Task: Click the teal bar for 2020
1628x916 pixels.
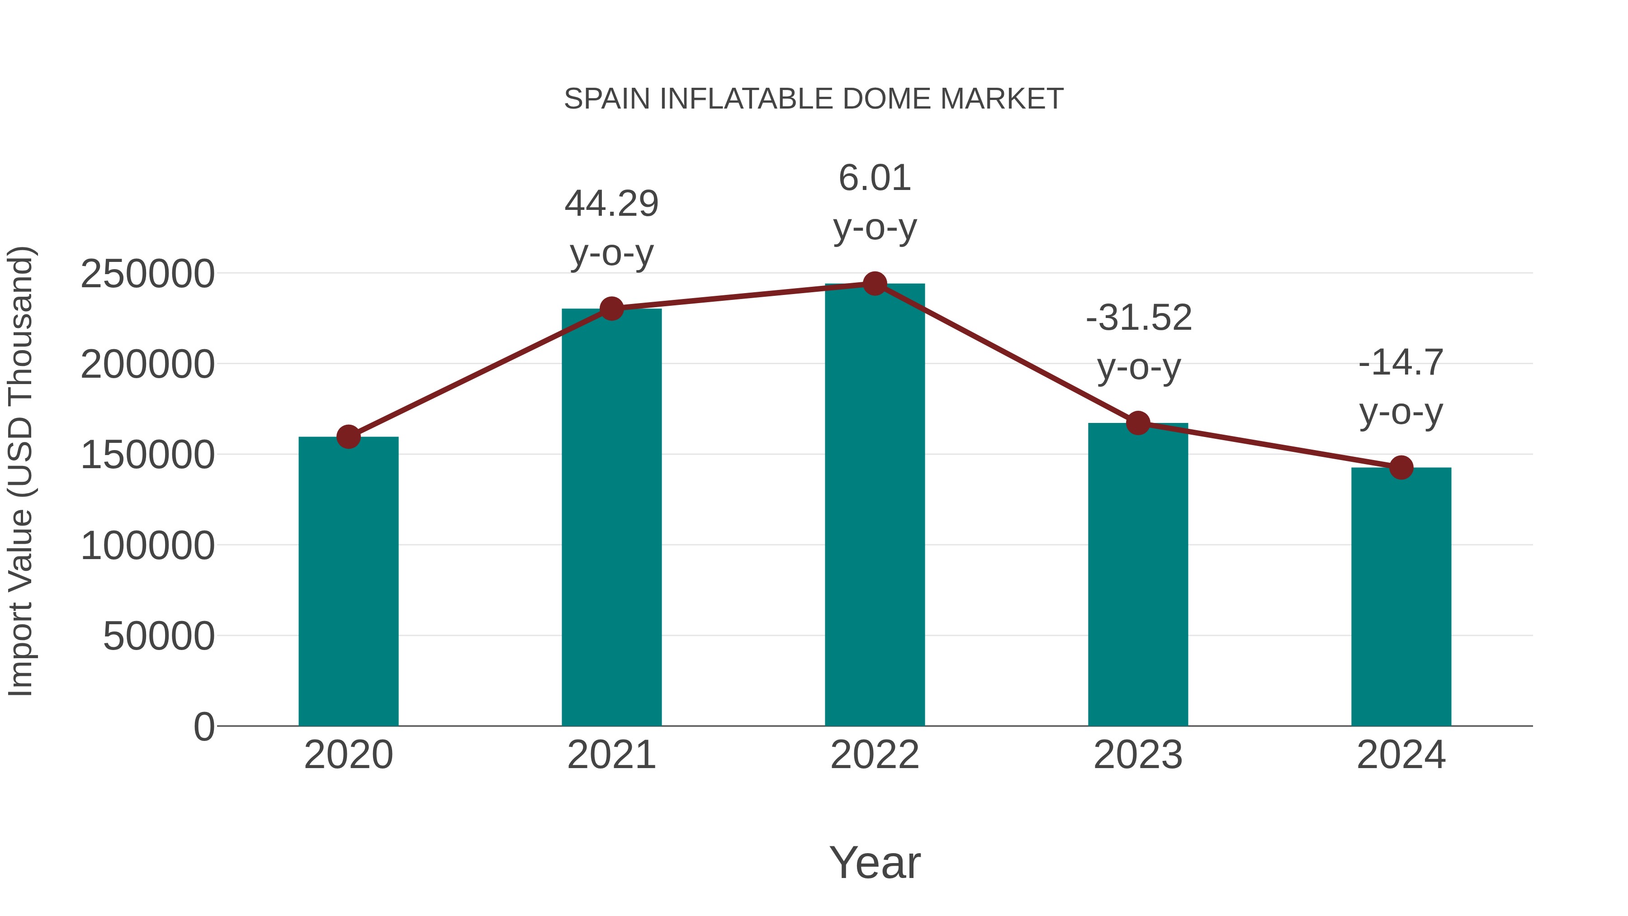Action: [348, 582]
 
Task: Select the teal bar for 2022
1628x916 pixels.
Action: [875, 506]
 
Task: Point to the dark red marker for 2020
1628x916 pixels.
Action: [348, 436]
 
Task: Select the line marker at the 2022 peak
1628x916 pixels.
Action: [875, 284]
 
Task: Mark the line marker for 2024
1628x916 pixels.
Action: [1401, 468]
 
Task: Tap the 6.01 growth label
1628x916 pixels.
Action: [875, 178]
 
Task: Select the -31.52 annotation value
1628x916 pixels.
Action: [1138, 318]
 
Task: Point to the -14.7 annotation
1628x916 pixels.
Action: [1401, 363]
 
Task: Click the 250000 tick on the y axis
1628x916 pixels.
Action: [147, 275]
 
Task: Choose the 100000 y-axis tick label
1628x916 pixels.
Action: [147, 546]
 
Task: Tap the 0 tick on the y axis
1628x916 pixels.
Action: [203, 726]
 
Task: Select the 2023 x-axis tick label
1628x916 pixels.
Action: [1138, 755]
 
